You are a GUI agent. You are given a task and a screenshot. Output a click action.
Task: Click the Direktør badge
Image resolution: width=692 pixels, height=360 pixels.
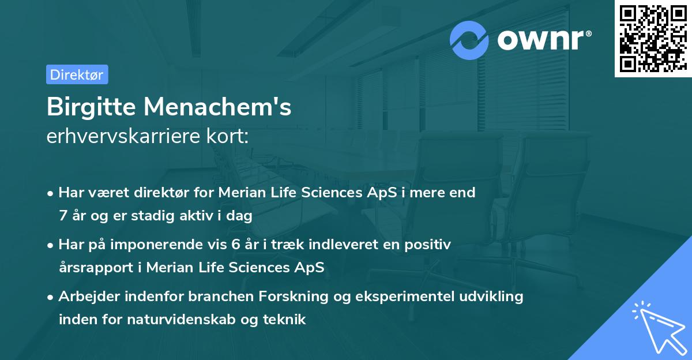pyautogui.click(x=77, y=74)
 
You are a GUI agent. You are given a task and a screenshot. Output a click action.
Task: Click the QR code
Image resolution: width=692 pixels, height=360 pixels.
pyautogui.click(x=653, y=38)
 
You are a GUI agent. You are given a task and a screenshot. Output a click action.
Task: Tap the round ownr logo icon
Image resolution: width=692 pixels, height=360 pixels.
pyautogui.click(x=469, y=40)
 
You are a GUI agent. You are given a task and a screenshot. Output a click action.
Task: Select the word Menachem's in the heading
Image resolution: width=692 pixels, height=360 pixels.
pyautogui.click(x=217, y=107)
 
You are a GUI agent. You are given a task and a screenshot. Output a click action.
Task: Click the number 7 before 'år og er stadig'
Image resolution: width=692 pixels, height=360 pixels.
pyautogui.click(x=63, y=216)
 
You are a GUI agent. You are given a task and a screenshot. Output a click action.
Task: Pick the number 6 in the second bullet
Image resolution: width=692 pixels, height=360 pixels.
pyautogui.click(x=235, y=244)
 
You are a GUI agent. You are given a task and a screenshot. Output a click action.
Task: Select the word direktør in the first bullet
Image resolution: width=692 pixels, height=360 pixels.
pyautogui.click(x=163, y=193)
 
